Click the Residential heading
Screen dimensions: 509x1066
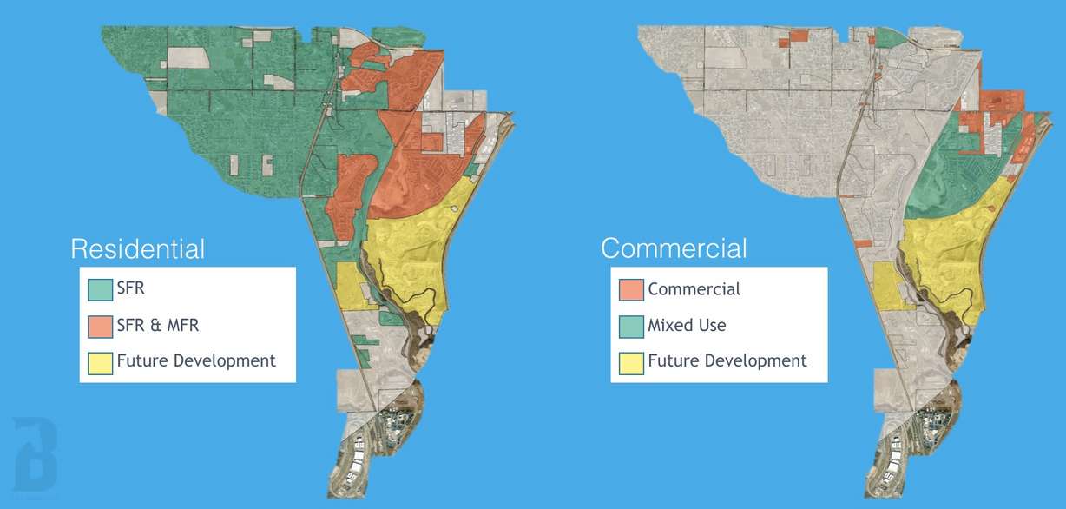click(x=137, y=249)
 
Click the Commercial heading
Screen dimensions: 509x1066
click(x=673, y=249)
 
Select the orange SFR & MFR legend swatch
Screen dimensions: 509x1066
click(x=100, y=325)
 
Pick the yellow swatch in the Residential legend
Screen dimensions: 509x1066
click(x=100, y=360)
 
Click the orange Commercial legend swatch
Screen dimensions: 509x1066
click(x=631, y=289)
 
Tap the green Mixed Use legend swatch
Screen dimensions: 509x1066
click(x=631, y=325)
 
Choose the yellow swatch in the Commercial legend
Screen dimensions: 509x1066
click(x=631, y=360)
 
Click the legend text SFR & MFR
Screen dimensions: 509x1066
click(x=158, y=325)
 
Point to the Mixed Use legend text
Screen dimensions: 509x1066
click(x=687, y=325)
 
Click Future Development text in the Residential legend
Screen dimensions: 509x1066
click(x=196, y=360)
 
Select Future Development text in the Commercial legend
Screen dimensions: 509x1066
click(x=727, y=360)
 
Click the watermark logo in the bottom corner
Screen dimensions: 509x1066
click(x=35, y=452)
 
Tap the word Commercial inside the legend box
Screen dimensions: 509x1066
click(x=694, y=289)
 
